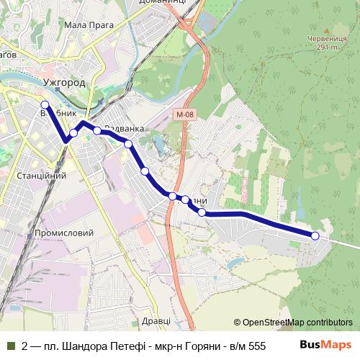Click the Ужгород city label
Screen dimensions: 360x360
64,83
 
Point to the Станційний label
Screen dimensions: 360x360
41,175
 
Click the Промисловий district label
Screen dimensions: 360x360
64,233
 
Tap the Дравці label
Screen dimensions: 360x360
156,320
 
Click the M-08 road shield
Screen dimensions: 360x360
184,114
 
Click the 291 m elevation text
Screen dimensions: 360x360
325,47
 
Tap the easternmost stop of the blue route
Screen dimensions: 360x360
315,235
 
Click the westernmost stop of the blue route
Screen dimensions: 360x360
45,105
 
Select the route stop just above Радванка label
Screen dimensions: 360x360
97,131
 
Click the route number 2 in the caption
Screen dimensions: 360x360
24,346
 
